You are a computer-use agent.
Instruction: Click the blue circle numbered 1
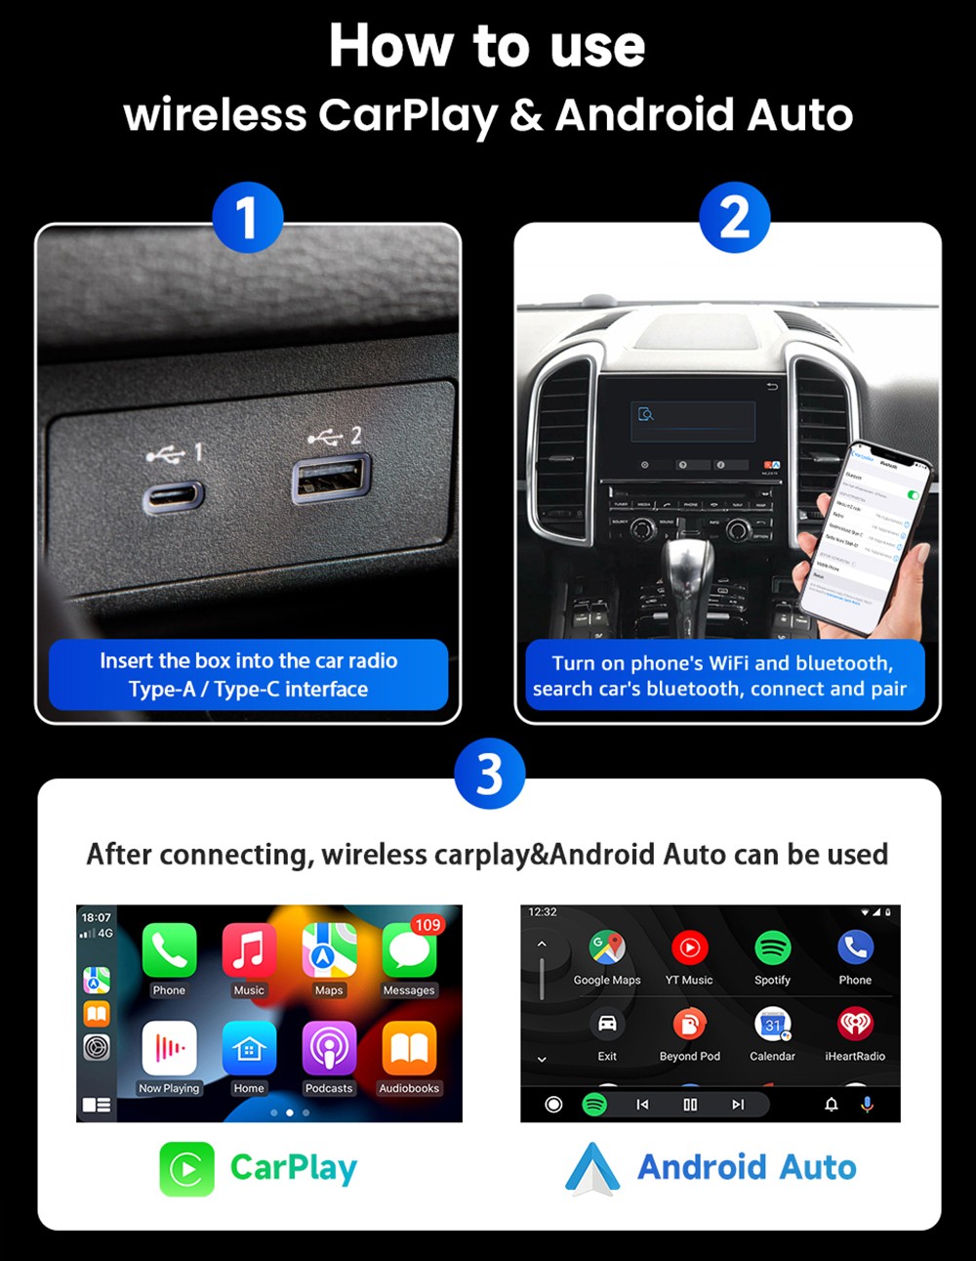tap(247, 218)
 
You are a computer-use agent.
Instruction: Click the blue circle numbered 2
tap(734, 218)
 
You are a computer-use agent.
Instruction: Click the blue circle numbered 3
tap(489, 774)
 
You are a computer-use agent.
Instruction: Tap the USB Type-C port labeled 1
tap(174, 497)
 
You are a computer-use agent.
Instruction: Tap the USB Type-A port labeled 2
tap(331, 478)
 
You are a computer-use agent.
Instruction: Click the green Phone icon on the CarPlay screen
tap(169, 950)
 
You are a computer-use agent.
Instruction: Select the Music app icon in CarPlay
tap(249, 950)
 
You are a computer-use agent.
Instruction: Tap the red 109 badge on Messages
tap(427, 924)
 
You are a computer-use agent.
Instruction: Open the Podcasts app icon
tap(329, 1048)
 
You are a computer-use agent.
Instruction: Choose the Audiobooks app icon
tap(409, 1048)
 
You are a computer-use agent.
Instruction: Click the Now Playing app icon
tap(169, 1048)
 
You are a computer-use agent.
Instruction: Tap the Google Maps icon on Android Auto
tap(606, 946)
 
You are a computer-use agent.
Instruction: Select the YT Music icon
tap(689, 946)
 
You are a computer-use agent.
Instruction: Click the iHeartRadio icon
tap(855, 1024)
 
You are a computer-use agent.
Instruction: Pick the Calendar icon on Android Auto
tap(772, 1024)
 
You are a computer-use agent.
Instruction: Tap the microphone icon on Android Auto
tap(867, 1104)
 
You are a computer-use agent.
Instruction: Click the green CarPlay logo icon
tap(186, 1168)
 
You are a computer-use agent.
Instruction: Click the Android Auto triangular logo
tap(592, 1169)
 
